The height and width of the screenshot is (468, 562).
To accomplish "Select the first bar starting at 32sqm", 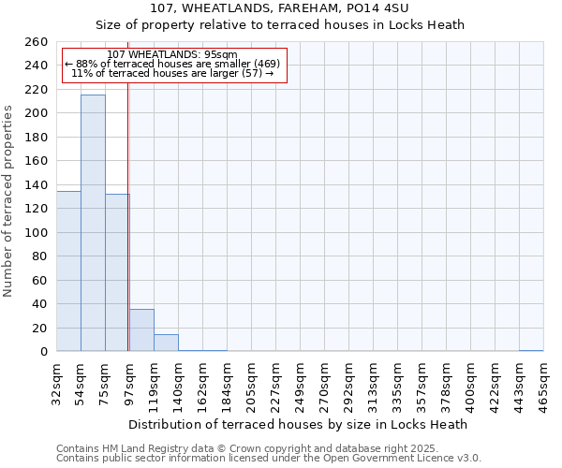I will (68, 271).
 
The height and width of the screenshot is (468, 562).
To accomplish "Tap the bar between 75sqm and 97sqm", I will (117, 272).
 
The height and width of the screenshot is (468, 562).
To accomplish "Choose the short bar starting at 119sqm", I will (166, 343).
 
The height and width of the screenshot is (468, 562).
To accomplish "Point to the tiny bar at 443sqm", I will (531, 350).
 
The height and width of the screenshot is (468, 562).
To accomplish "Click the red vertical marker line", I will (127, 234).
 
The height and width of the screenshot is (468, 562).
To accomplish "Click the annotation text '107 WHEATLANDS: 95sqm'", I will (172, 54).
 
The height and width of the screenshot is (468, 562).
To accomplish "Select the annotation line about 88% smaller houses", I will (172, 64).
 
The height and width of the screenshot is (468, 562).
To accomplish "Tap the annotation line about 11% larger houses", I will (172, 73).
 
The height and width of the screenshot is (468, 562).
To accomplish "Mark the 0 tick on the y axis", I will (43, 352).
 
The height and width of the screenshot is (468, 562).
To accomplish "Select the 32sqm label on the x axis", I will (57, 381).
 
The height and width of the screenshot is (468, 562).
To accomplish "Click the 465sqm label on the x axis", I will (543, 381).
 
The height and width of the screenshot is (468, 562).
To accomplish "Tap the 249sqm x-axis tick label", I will (301, 381).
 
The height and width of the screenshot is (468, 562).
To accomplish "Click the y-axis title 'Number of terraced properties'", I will (8, 200).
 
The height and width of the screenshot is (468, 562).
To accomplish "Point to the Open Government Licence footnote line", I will (269, 459).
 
